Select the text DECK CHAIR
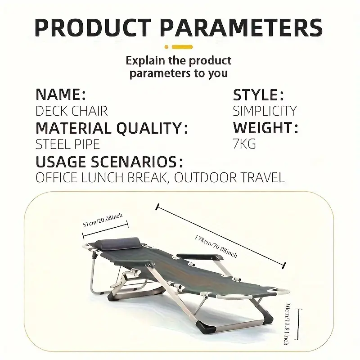click(72, 111)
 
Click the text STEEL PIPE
click(68, 144)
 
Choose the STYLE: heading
click(258, 95)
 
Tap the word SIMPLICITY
click(265, 111)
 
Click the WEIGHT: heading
click(265, 128)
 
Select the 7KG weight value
click(245, 144)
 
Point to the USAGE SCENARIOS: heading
click(109, 162)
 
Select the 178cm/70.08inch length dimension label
click(216, 246)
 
